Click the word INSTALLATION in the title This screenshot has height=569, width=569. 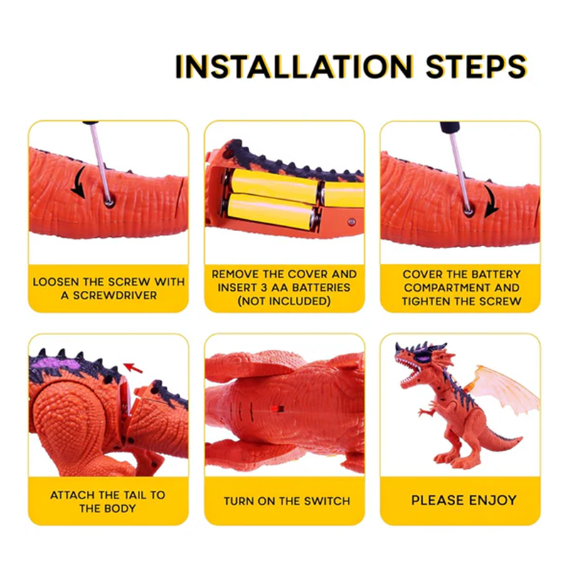(x=294, y=66)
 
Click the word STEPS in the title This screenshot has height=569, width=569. (x=477, y=66)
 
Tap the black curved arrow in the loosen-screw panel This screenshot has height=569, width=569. (x=79, y=183)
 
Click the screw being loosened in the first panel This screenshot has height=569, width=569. (x=110, y=202)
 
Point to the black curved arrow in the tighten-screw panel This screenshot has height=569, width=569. (x=491, y=201)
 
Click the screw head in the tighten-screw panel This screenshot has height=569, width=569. (x=468, y=211)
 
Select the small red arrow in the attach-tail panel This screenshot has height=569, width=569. (x=133, y=368)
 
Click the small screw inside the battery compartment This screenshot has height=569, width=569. (x=351, y=222)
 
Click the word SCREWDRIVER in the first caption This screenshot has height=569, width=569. (x=115, y=295)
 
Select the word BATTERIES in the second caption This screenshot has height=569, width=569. (x=321, y=287)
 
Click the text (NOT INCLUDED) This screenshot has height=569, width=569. (x=284, y=301)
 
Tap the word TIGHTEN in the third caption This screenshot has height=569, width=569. (x=423, y=301)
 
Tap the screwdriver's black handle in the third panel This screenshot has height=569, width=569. (x=450, y=127)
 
